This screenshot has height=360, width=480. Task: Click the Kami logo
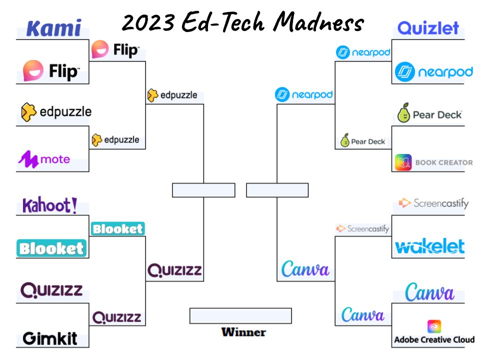tap(53, 28)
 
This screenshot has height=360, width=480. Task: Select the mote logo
tap(44, 159)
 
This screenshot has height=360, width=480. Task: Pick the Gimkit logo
tap(50, 338)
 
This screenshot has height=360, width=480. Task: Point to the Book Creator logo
tap(433, 162)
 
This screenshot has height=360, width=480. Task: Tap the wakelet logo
tap(429, 246)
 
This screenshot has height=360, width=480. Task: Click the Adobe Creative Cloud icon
tap(434, 326)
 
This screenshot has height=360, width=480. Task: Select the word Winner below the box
tap(243, 332)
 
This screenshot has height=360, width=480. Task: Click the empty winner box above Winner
tap(240, 315)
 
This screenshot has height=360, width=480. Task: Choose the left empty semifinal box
tap(203, 190)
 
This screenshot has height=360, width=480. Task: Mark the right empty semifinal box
tap(277, 190)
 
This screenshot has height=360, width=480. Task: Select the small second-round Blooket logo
tap(117, 229)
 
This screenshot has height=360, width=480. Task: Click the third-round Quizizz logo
tap(174, 270)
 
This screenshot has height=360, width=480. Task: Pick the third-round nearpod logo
tap(304, 94)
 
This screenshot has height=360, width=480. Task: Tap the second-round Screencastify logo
tap(362, 228)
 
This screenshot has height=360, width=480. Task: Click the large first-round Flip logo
tap(51, 70)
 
